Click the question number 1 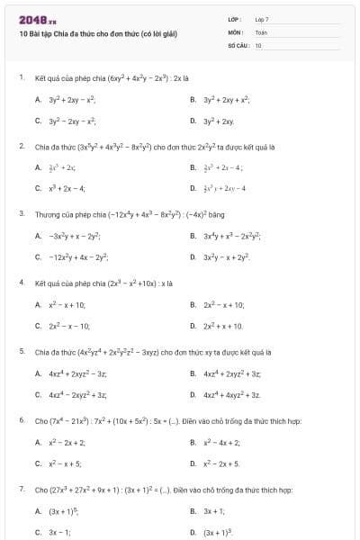click(x=21, y=78)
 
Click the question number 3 click(x=21, y=214)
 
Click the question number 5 click(x=21, y=351)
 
